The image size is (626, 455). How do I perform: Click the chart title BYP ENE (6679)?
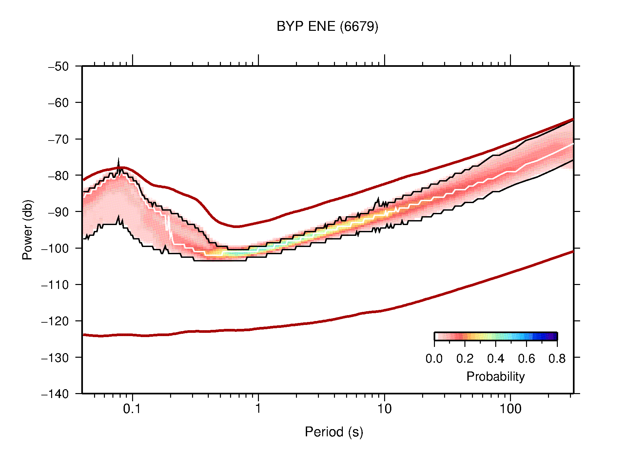tap(327, 27)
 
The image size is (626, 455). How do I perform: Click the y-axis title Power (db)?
tap(28, 230)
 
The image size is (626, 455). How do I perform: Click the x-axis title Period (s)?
tap(334, 432)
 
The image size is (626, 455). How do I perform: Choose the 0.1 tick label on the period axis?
tap(132, 409)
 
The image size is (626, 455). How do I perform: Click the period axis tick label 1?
tap(258, 409)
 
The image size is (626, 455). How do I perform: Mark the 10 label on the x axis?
tap(384, 409)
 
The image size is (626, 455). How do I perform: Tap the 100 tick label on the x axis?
tap(510, 409)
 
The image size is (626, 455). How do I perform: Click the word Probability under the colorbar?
tap(495, 377)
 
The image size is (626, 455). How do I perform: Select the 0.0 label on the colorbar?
tap(434, 359)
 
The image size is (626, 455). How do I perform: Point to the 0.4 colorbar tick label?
tap(496, 359)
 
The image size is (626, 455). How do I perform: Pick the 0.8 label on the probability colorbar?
tap(557, 359)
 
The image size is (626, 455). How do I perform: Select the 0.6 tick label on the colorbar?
tap(526, 359)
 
